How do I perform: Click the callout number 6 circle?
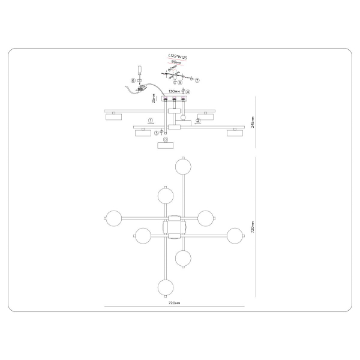(x=133, y=80)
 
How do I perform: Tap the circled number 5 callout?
(x=172, y=82)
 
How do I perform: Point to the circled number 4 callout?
(x=187, y=92)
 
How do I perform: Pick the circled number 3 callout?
(x=157, y=133)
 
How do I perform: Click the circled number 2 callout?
(x=199, y=120)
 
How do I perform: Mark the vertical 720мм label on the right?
(x=254, y=227)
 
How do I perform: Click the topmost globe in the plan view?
(x=182, y=165)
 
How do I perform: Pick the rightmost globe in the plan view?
(x=235, y=235)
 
